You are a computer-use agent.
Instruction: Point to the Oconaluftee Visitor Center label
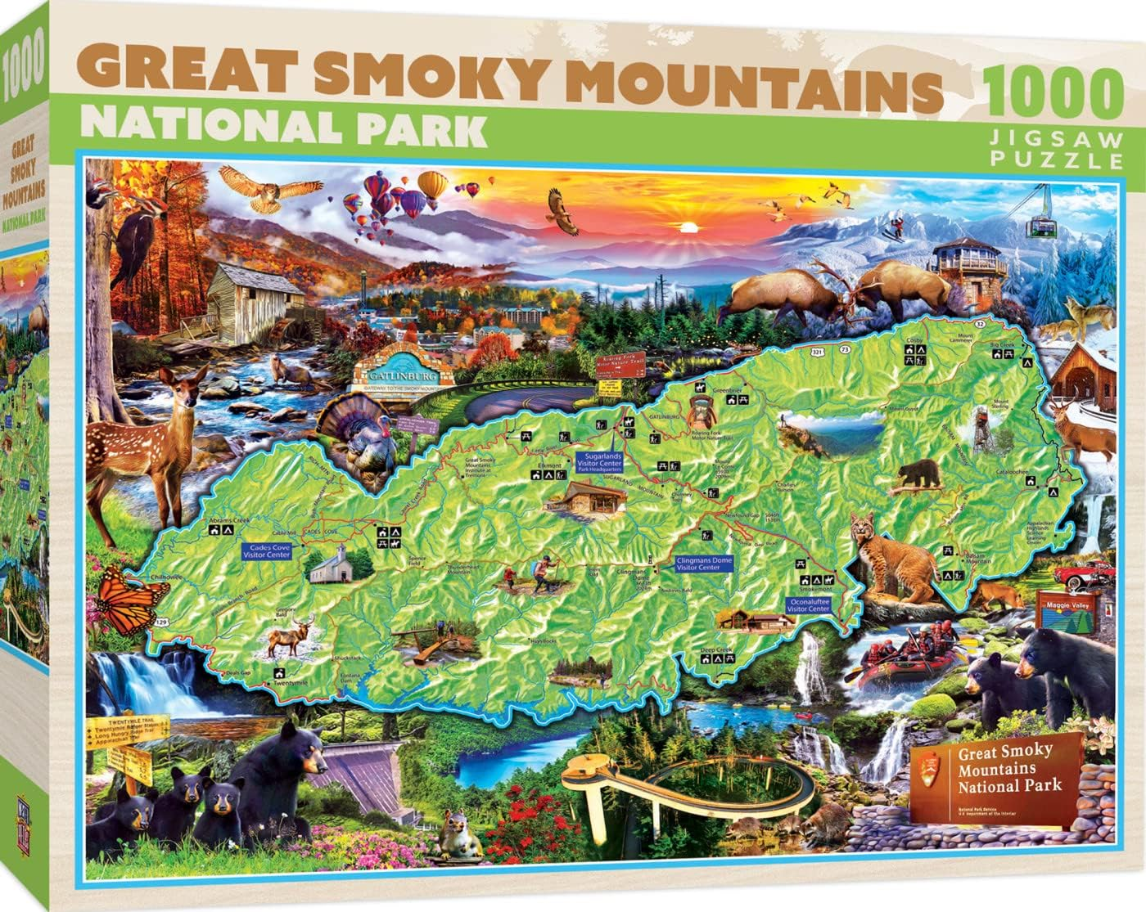[x=808, y=604]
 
